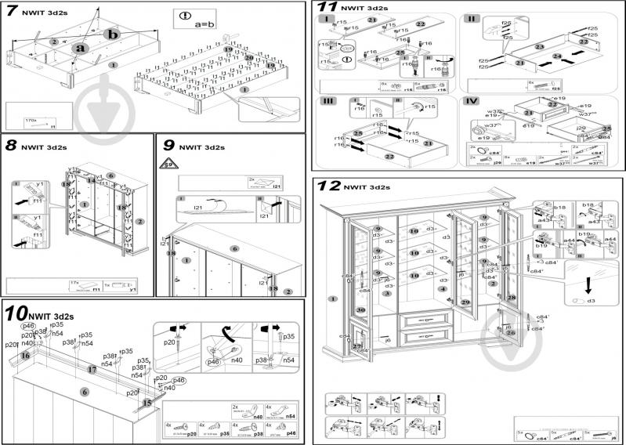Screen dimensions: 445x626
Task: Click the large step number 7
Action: click(x=12, y=12)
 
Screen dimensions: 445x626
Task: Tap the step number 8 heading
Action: click(x=11, y=145)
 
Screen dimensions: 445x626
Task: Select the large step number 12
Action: click(x=330, y=186)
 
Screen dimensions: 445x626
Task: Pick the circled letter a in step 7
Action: click(x=78, y=48)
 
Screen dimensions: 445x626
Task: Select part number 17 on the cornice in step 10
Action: click(x=92, y=368)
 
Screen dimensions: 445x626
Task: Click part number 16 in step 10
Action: click(x=25, y=355)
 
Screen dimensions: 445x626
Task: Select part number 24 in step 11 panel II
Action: click(x=557, y=56)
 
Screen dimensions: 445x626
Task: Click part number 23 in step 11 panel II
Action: click(x=539, y=47)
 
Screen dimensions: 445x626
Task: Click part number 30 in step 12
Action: click(x=361, y=309)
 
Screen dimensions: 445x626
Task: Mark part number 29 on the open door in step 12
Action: click(x=465, y=302)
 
